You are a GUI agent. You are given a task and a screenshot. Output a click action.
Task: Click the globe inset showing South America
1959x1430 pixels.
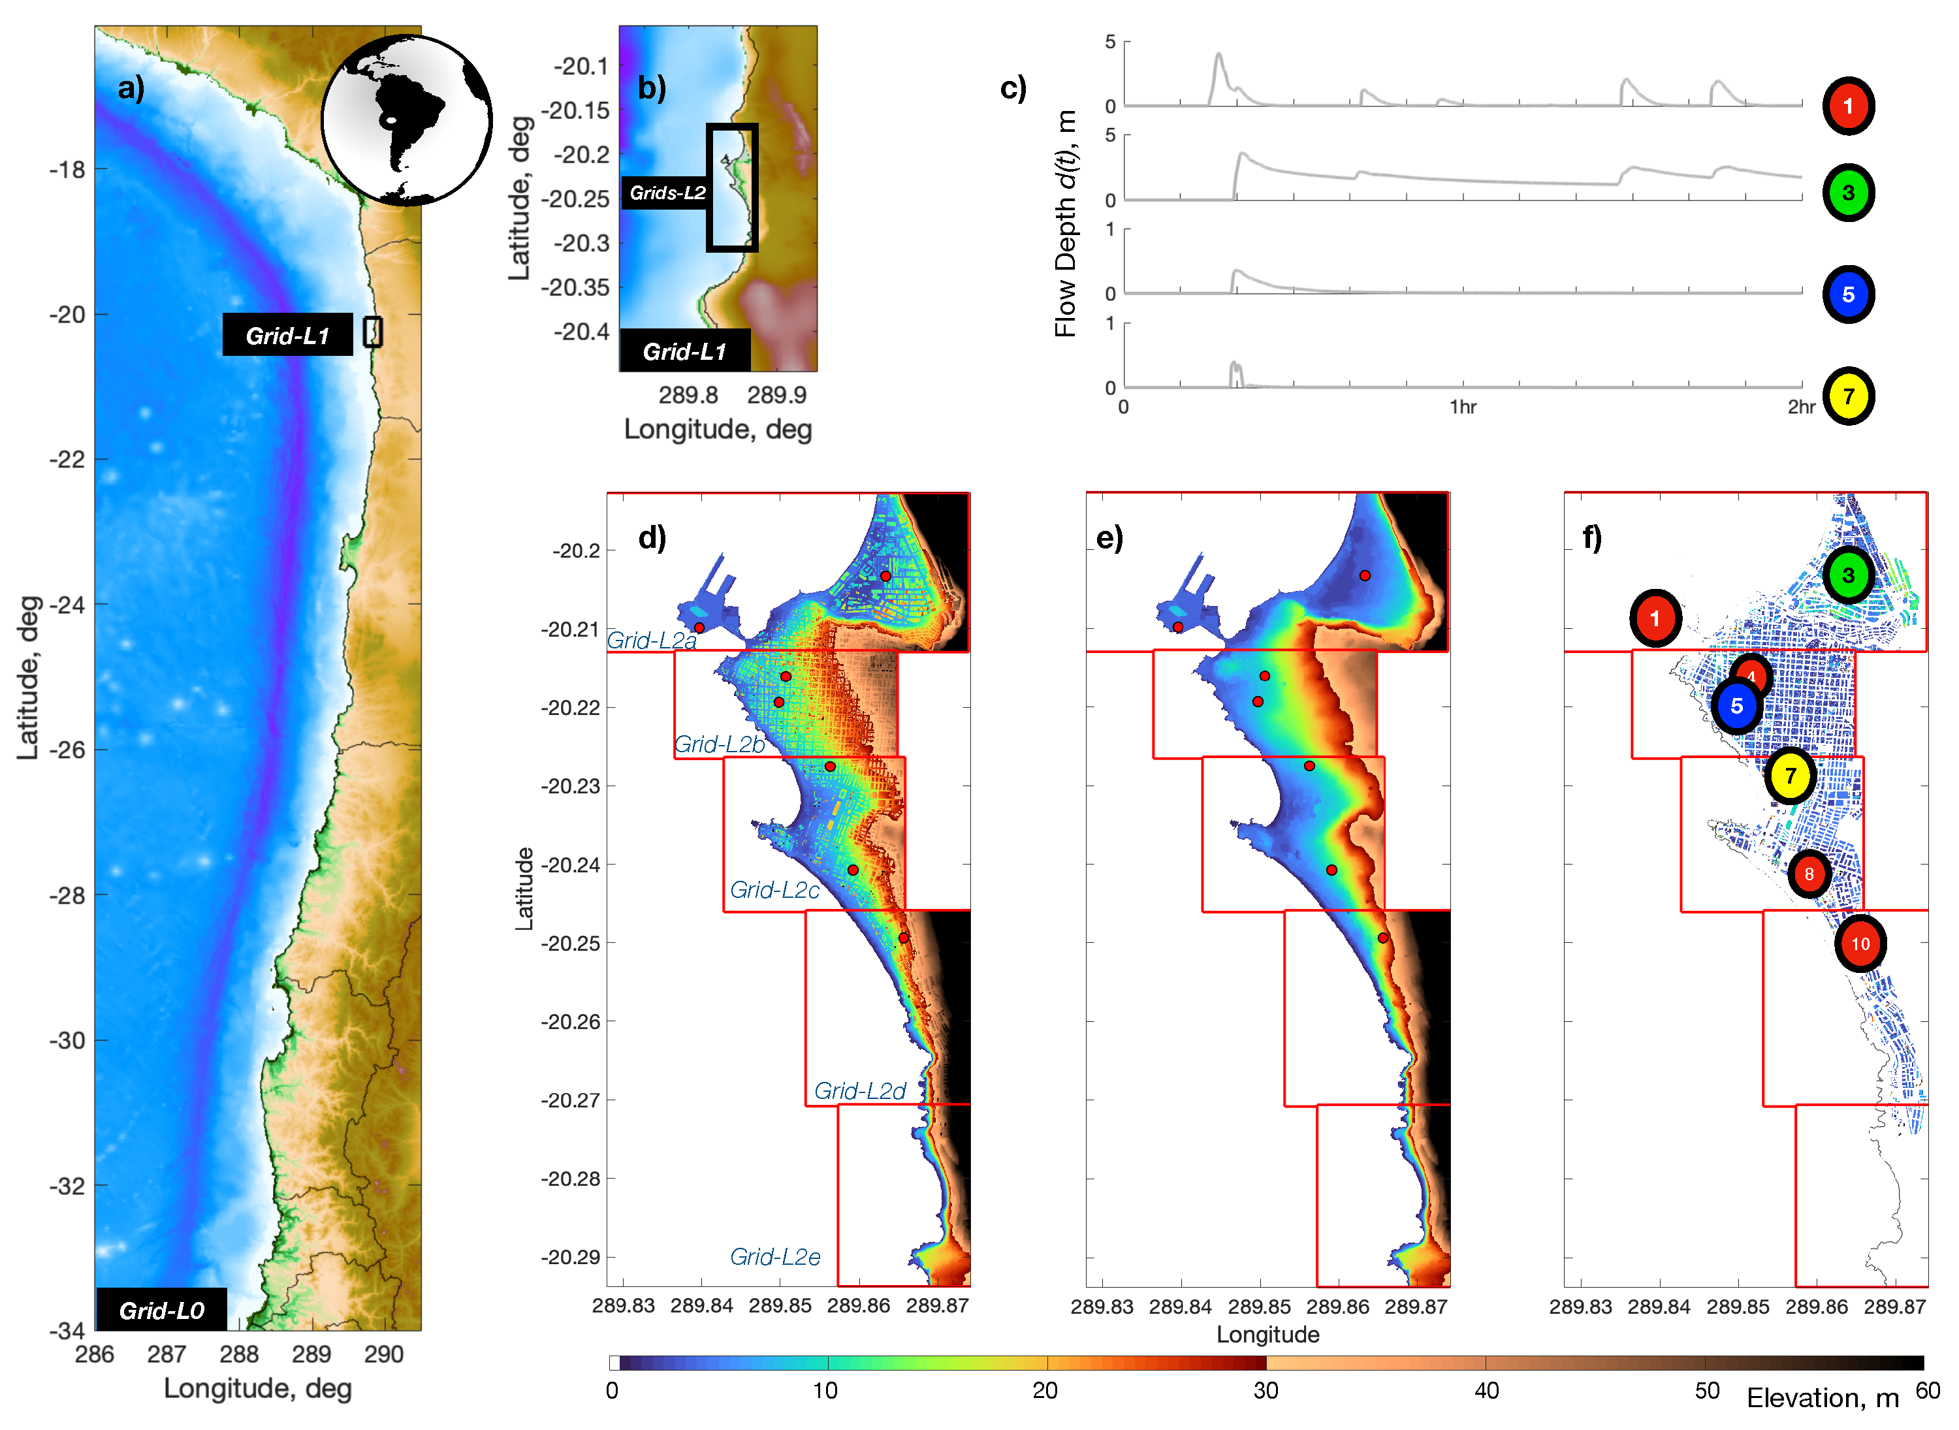[x=406, y=119]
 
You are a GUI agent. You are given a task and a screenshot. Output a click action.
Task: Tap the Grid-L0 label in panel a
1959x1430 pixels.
[x=161, y=1310]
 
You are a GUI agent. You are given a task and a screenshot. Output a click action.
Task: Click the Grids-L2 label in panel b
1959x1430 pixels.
[x=667, y=192]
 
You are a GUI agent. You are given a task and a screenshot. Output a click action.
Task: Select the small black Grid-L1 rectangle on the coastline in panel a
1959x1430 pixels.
[x=372, y=332]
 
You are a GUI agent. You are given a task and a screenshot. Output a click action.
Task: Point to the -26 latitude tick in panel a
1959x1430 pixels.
[x=67, y=750]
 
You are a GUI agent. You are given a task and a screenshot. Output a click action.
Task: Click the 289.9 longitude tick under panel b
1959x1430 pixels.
[x=776, y=395]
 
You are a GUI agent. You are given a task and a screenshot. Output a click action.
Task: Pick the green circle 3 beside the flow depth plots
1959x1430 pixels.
[x=1847, y=192]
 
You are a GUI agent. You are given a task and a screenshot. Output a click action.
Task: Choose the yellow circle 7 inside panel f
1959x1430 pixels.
[x=1789, y=776]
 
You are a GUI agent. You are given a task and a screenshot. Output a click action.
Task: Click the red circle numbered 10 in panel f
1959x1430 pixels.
[x=1860, y=944]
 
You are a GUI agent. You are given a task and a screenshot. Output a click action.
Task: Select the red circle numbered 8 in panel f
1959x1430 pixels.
[x=1808, y=874]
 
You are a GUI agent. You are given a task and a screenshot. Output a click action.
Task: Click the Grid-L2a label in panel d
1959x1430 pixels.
[x=651, y=640]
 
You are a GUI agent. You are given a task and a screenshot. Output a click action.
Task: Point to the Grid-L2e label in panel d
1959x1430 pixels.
[x=774, y=1256]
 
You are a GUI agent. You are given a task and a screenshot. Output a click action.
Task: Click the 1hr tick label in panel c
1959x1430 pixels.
[x=1463, y=407]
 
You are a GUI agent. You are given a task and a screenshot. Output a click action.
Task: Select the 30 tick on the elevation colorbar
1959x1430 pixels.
[x=1265, y=1390]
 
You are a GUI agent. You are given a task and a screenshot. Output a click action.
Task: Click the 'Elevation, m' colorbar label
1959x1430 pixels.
[x=1823, y=1397]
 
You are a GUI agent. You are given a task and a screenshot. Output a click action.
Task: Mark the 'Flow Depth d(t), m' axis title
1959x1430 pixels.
[x=1066, y=223]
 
